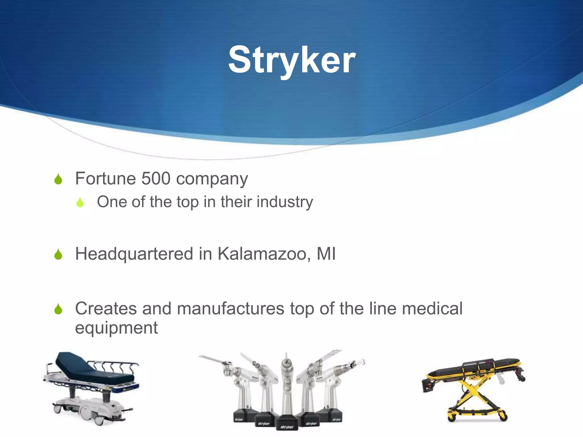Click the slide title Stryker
click(292, 61)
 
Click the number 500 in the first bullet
click(156, 179)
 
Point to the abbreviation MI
click(326, 253)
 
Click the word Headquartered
click(134, 254)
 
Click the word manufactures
click(230, 309)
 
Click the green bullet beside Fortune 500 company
click(58, 179)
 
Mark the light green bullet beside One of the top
click(80, 202)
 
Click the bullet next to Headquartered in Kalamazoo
click(58, 254)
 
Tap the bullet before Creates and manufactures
click(58, 309)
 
